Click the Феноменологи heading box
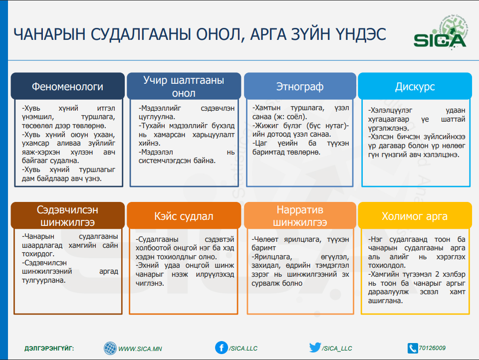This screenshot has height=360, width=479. point(67,86)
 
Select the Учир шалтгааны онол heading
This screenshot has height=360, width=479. point(184,86)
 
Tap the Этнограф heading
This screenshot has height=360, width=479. point(300,86)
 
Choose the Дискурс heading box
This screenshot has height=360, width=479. point(415,86)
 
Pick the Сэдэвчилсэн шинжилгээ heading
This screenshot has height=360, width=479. point(67,215)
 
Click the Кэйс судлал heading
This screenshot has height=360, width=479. point(184,215)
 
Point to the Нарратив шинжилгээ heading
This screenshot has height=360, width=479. point(300,215)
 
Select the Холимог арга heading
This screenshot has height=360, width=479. point(415,215)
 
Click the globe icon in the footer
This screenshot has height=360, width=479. point(110,348)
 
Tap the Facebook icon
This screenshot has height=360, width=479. point(222,348)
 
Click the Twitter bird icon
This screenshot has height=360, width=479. point(315,347)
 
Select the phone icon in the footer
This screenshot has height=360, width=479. point(413,348)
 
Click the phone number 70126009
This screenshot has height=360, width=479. point(432,348)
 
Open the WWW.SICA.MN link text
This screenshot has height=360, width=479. point(140,349)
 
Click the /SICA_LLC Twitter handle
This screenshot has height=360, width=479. point(337,349)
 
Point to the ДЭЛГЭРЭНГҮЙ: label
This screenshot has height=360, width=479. point(49,349)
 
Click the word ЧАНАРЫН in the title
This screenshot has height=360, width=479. point(49,34)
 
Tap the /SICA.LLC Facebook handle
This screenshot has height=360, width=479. point(243,349)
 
